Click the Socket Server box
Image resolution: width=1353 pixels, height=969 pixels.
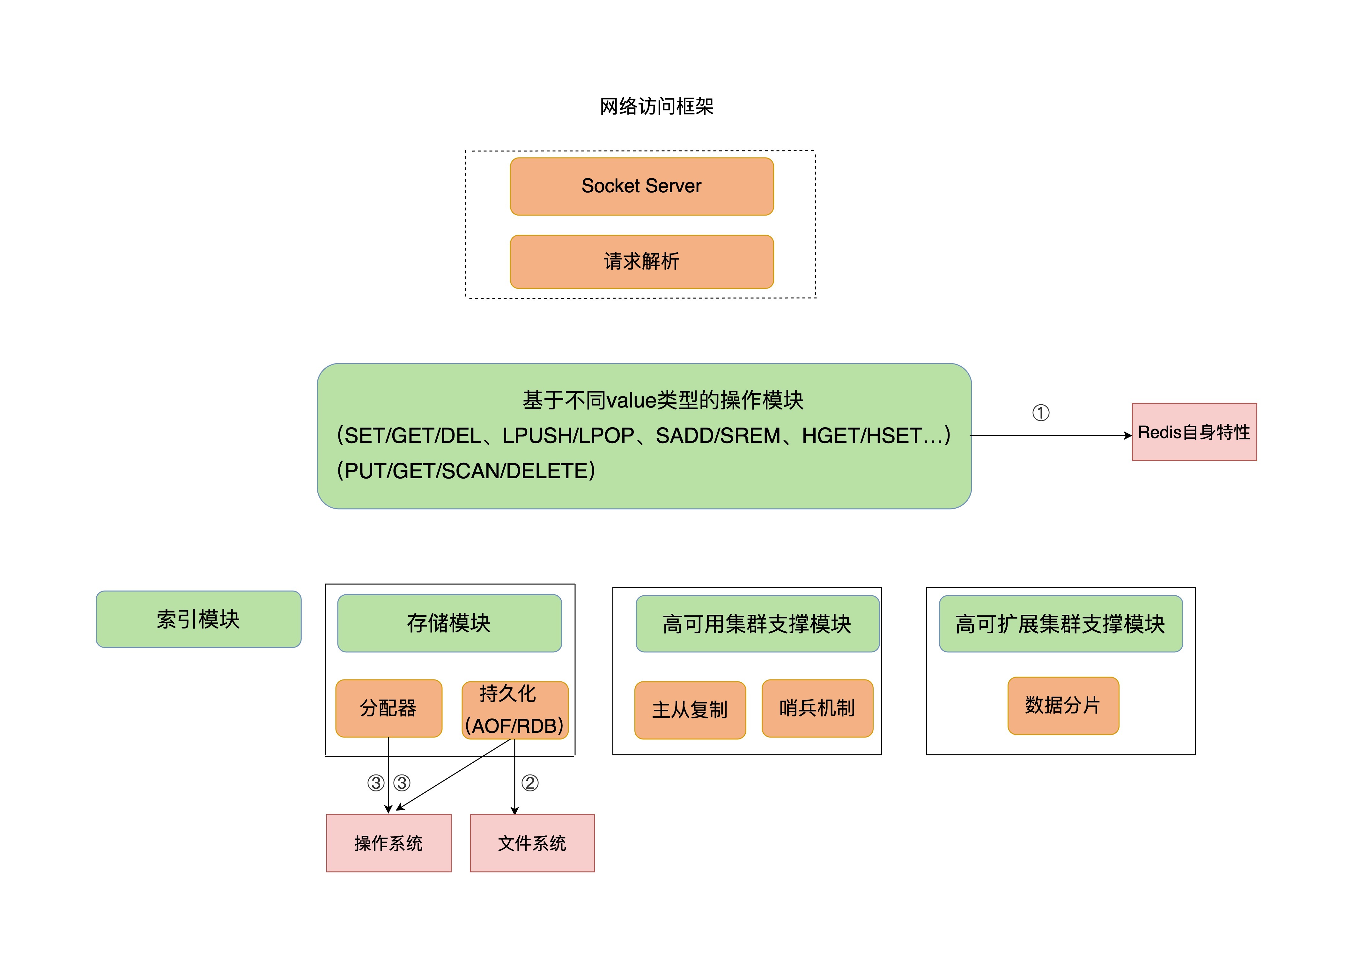coord(641,186)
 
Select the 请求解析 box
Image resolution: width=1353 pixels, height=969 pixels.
coord(641,261)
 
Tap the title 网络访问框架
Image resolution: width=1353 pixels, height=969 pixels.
coord(656,106)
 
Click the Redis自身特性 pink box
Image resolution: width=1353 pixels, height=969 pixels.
coord(1194,432)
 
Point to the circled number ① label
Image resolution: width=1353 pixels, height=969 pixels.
coord(1040,413)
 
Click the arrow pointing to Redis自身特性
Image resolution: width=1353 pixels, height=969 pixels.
coord(1050,436)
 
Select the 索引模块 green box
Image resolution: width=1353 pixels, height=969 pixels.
coord(198,619)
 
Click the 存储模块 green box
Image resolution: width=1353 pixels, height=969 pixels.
coord(449,623)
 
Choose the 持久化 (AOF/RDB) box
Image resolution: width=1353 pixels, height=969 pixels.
coord(515,709)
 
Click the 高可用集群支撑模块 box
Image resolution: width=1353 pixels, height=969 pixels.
coord(757,624)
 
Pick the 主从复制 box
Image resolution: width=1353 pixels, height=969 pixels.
coord(690,709)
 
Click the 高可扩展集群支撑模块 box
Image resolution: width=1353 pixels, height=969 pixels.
coord(1060,624)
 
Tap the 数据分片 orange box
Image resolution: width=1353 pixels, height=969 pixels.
coord(1062,705)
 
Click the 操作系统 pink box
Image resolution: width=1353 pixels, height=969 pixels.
coord(388,843)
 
